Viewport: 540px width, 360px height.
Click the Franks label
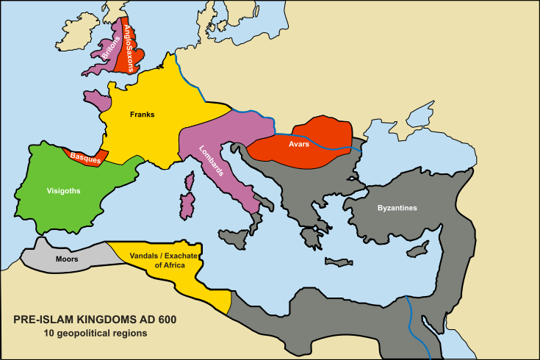(x=142, y=114)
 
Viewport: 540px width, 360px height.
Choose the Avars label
(x=298, y=145)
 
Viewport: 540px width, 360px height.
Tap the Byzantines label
(x=397, y=208)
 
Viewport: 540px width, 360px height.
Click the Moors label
(x=67, y=259)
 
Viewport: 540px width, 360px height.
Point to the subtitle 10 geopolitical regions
(x=95, y=334)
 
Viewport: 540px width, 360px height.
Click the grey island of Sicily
(x=236, y=237)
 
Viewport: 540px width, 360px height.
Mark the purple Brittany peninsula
(x=96, y=98)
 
